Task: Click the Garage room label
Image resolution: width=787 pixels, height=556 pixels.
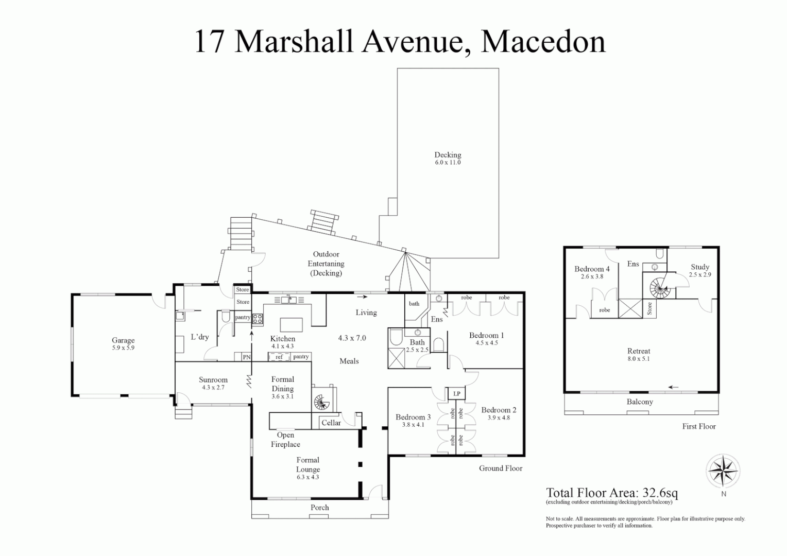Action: coord(123,340)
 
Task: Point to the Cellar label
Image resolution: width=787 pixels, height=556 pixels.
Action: coord(331,423)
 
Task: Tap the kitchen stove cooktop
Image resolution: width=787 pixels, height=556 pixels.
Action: coord(258,319)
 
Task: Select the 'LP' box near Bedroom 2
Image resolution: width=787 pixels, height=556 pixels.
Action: coord(456,394)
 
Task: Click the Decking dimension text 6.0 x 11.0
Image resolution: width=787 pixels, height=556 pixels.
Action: coord(448,163)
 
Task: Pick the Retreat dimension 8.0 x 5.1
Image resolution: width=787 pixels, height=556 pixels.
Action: coord(639,359)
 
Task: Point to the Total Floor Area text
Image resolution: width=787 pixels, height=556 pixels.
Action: coord(612,493)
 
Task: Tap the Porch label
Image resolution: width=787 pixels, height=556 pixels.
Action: coord(319,508)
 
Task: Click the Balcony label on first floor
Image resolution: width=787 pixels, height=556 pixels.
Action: coord(639,402)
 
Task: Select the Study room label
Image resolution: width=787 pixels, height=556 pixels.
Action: coord(700,267)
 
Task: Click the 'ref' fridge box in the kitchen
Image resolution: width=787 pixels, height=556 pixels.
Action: coord(279,357)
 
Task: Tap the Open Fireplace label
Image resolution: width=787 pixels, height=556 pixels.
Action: coord(285,440)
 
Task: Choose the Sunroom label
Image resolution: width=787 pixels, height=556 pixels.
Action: coord(213,380)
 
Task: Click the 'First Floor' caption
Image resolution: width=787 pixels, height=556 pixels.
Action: coord(699,426)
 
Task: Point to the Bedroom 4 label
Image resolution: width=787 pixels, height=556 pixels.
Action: coord(592,269)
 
